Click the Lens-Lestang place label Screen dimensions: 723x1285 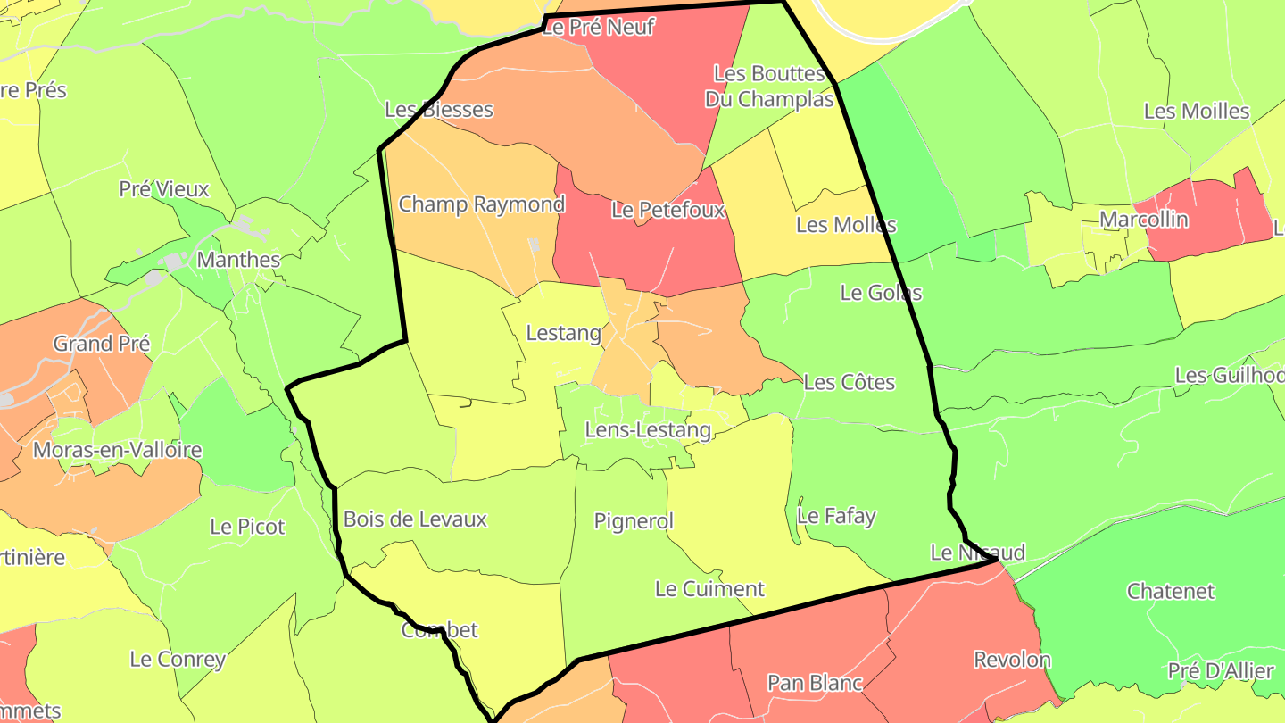(648, 430)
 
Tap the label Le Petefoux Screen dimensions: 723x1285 (668, 211)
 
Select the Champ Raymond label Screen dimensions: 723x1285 (482, 204)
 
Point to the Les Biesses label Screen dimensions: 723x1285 (439, 110)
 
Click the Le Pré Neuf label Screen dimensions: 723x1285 (599, 28)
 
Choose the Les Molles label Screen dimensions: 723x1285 (846, 225)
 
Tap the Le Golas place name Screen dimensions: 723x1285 (881, 293)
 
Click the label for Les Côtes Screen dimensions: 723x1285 (849, 382)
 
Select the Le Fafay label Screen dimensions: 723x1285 (836, 516)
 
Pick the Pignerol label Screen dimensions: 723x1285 (634, 521)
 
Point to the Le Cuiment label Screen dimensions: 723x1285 (709, 589)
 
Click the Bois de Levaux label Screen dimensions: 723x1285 (415, 519)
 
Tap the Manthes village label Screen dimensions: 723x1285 (238, 261)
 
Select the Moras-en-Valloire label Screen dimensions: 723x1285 (117, 450)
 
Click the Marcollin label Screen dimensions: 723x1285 (1144, 220)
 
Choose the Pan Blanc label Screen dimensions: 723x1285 (815, 684)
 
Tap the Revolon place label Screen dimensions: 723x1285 (1012, 661)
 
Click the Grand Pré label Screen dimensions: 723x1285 (102, 344)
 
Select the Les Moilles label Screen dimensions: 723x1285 (1197, 112)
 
